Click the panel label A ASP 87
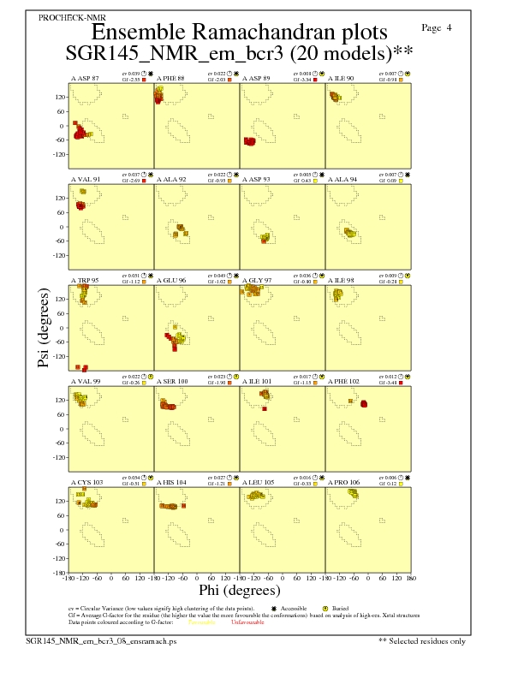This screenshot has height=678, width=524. coord(85,78)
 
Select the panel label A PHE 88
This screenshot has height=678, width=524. coord(170,78)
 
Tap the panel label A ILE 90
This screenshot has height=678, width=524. coord(341,78)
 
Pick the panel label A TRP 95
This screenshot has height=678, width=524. coord(85,280)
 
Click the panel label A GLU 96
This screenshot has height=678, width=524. coord(170,280)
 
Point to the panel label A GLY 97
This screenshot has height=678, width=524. coord(257,280)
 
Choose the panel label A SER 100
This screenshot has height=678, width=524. coord(172,381)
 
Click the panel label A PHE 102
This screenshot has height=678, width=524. coord(343,381)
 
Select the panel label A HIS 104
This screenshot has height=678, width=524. coord(170,482)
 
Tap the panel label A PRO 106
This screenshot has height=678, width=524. coord(343,482)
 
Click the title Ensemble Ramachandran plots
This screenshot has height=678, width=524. coord(239,33)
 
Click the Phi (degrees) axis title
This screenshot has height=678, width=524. coord(239,590)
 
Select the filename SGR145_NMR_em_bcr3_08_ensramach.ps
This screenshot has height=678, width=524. coord(100,639)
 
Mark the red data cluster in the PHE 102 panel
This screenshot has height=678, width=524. coord(363,403)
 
